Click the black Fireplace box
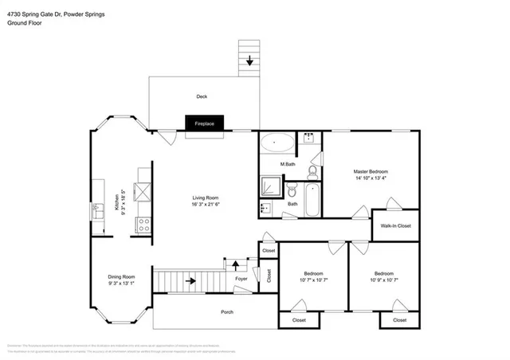(x=205, y=123)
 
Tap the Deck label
(x=202, y=97)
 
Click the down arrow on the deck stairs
(x=249, y=60)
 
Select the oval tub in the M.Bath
(x=277, y=143)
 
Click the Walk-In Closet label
(x=395, y=226)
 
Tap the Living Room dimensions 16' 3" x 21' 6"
(x=205, y=205)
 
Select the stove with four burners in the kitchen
(x=144, y=225)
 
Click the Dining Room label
(x=121, y=276)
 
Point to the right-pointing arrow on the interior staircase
(x=190, y=280)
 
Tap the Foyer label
(x=241, y=280)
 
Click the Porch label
(x=227, y=312)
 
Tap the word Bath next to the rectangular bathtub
(x=292, y=204)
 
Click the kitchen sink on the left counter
(x=97, y=211)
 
